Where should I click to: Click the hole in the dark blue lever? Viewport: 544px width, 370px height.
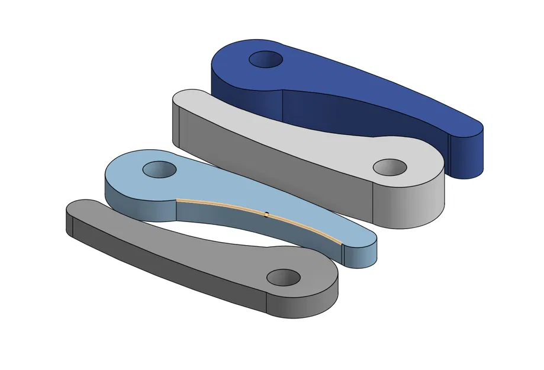[266, 59]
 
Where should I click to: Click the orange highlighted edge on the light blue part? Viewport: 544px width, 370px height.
[225, 205]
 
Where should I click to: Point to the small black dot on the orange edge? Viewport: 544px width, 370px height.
[267, 214]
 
